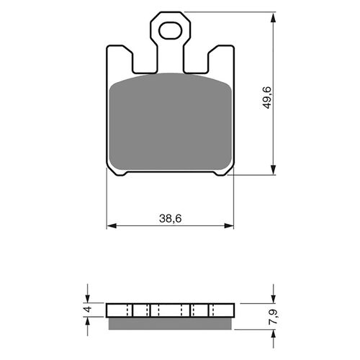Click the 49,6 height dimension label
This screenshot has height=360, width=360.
tap(267, 98)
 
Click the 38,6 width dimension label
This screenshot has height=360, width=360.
tap(170, 219)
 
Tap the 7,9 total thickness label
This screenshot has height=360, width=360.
tap(274, 317)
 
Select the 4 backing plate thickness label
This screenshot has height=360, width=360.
tap(88, 309)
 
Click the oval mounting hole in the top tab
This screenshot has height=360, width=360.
tap(170, 30)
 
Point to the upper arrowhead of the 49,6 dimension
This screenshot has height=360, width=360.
tap(273, 18)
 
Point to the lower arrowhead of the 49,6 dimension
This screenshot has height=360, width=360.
tap(273, 169)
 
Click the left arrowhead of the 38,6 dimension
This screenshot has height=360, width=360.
tap(112, 225)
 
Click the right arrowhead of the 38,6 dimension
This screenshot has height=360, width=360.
tap(228, 225)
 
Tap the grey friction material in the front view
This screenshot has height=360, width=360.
tap(170, 122)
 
